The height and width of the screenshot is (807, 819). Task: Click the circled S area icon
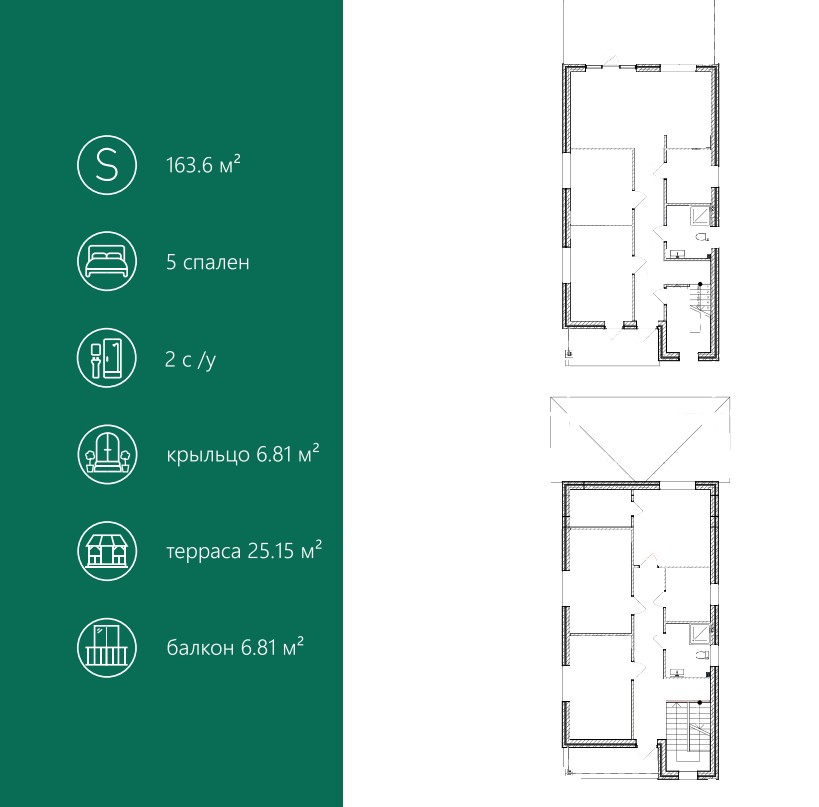point(107,165)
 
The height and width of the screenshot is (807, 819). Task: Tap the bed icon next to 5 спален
point(107,261)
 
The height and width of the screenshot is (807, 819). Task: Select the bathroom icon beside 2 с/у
point(107,358)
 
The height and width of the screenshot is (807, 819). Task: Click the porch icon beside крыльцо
point(107,454)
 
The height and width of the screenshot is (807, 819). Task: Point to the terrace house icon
point(107,551)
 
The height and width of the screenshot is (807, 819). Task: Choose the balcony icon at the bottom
point(107,647)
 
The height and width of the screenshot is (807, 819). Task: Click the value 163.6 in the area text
point(190,166)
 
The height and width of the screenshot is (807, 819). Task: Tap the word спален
point(216,263)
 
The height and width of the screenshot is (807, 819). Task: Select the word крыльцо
point(208,455)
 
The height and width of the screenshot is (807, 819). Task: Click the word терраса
point(204,552)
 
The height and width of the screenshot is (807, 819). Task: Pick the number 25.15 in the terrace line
point(271,551)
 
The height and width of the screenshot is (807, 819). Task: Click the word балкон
point(200,648)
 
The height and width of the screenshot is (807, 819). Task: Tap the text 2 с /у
point(191,360)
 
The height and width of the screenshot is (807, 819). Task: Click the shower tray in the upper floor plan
point(700,215)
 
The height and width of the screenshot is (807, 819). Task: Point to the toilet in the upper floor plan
point(703,237)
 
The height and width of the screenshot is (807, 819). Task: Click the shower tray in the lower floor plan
point(700,633)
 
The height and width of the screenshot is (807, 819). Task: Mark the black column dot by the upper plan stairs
point(700,284)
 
